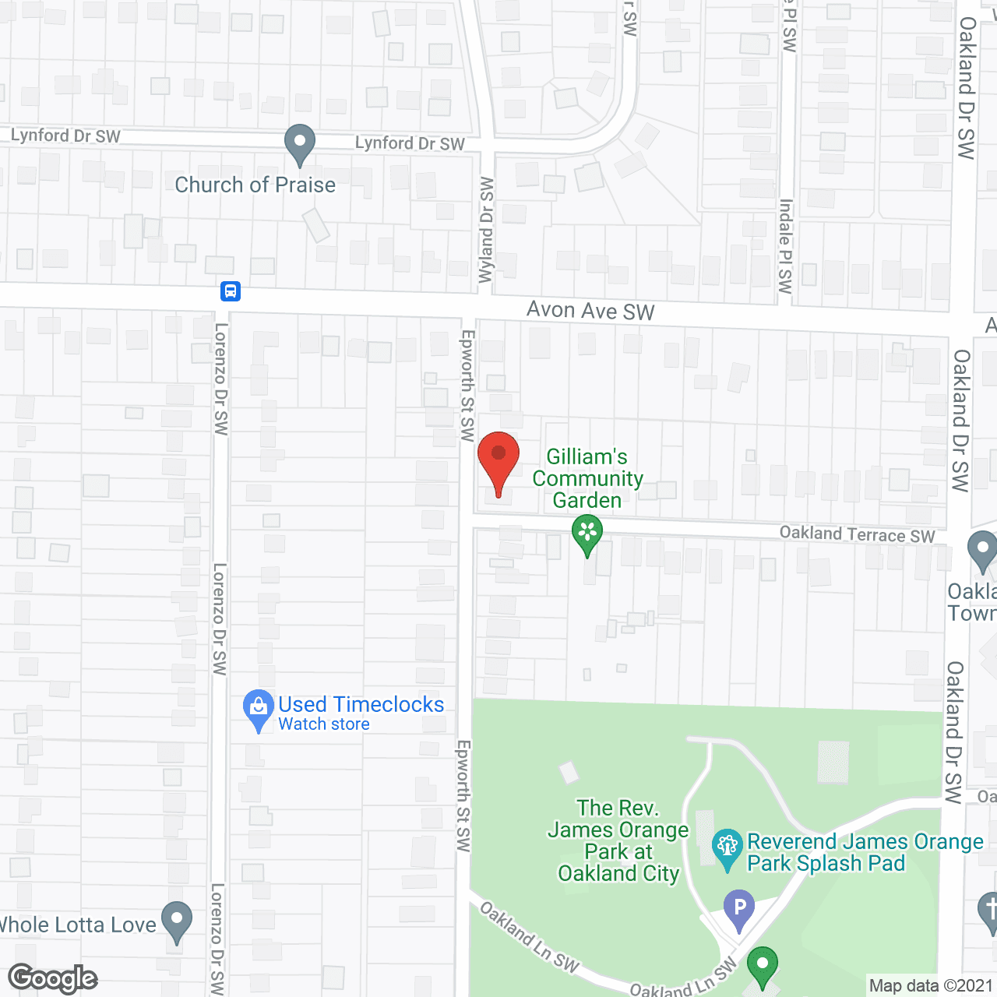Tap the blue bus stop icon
pos(231,291)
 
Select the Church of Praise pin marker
pos(299,144)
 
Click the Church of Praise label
pos(255,185)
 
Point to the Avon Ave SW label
pos(590,311)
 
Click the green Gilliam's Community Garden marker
pos(587,535)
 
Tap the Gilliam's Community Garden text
pos(587,478)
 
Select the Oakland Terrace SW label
pos(857,534)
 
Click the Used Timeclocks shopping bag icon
pos(258,709)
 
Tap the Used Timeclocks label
pos(361,704)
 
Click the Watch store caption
pos(324,724)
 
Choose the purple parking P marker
pos(739,908)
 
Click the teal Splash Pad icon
pos(727,847)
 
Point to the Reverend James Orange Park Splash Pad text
pos(865,852)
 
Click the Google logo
pos(53,978)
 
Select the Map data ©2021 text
pos(931,986)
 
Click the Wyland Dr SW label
pos(487,230)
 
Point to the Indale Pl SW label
pos(785,245)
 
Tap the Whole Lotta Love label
pos(78,925)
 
